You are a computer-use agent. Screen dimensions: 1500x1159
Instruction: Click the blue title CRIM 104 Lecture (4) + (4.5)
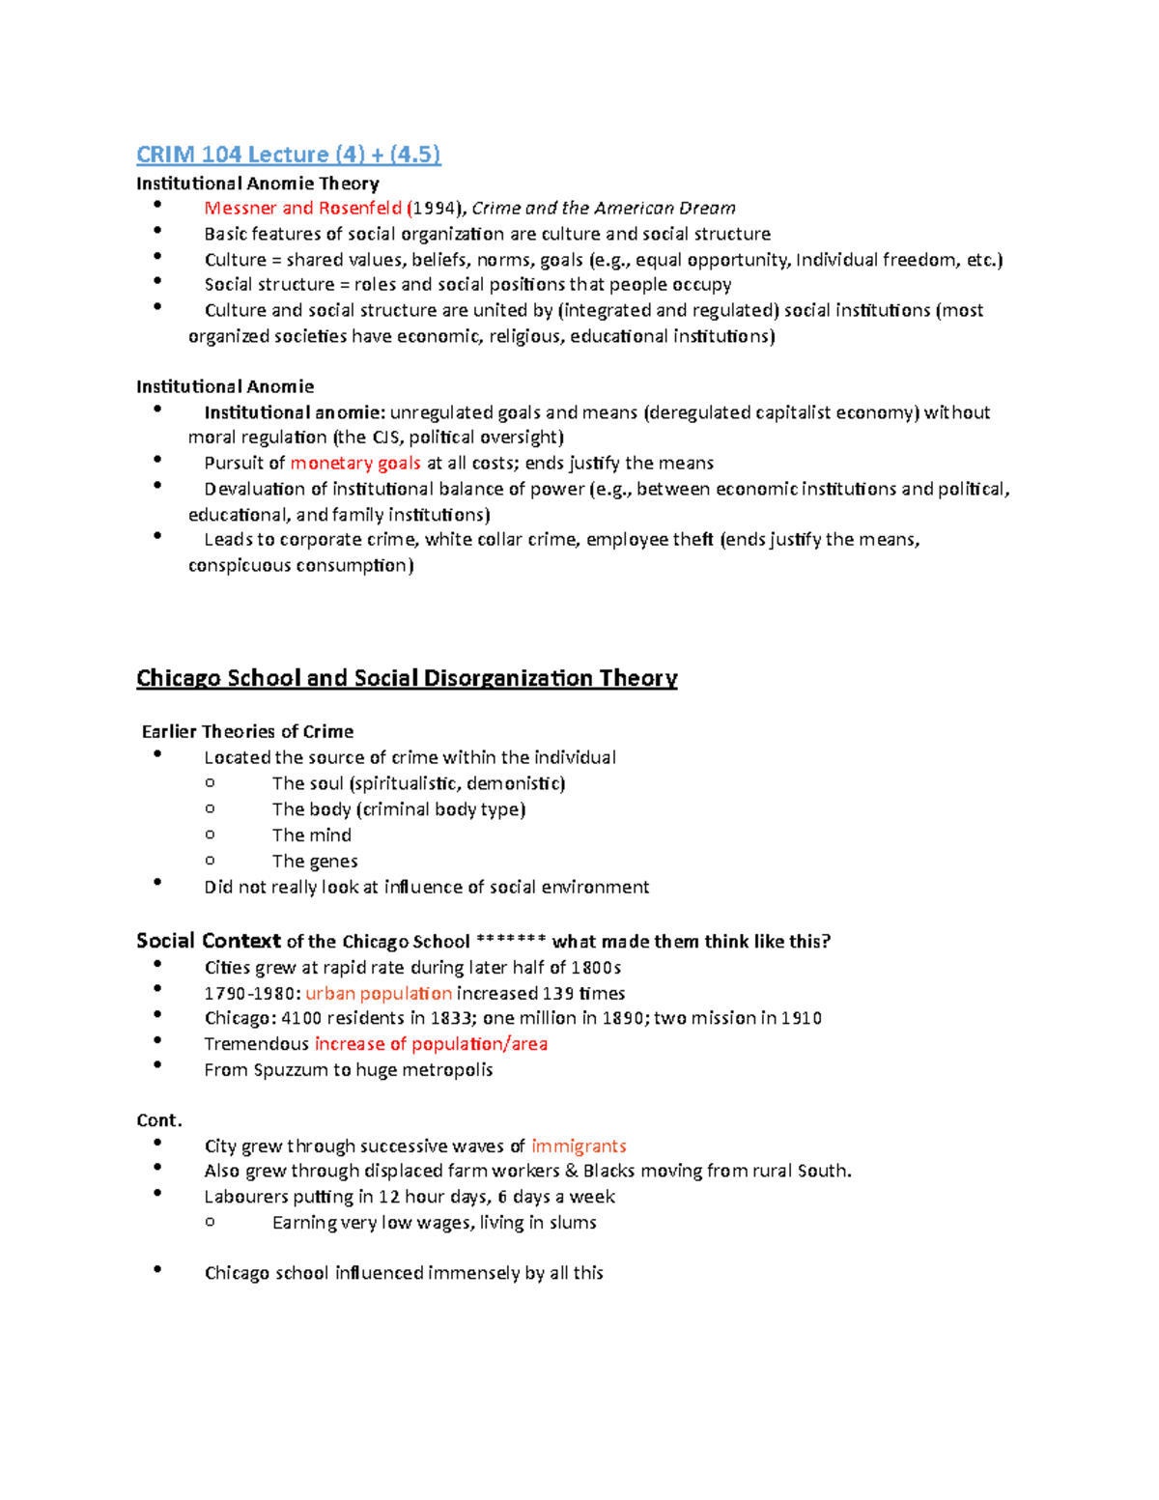click(288, 155)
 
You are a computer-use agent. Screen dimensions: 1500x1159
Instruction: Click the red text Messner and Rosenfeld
click(302, 208)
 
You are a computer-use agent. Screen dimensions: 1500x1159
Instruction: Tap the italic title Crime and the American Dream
click(603, 208)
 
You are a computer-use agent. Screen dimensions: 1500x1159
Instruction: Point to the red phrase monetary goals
click(355, 463)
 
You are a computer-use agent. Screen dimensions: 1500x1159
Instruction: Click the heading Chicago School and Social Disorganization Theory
click(407, 678)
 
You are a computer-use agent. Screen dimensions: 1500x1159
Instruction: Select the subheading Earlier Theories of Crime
click(247, 731)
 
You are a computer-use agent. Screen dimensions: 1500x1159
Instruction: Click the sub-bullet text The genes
click(315, 861)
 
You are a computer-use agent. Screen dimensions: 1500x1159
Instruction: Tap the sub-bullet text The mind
click(311, 835)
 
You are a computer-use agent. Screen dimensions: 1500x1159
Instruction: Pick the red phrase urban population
click(379, 993)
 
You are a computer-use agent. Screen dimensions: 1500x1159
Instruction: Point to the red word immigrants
click(579, 1146)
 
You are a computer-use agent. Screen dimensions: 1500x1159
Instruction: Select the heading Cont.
click(159, 1120)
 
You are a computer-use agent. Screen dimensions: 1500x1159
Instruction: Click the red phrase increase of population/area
click(431, 1043)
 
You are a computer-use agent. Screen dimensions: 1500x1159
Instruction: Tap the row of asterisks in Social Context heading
click(511, 940)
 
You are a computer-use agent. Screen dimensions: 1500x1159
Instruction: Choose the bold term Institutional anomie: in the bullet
click(295, 412)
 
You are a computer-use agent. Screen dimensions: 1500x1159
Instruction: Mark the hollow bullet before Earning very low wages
click(210, 1222)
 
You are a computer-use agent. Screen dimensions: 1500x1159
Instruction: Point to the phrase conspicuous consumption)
click(300, 565)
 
